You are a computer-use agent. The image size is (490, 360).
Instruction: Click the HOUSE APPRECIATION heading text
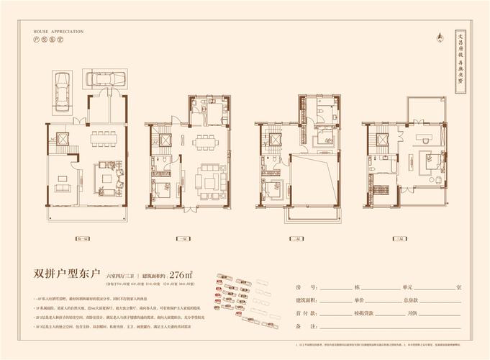click(59, 32)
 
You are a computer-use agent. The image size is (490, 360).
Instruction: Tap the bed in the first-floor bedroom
click(163, 189)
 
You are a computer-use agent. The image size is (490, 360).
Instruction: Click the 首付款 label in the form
click(306, 313)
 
